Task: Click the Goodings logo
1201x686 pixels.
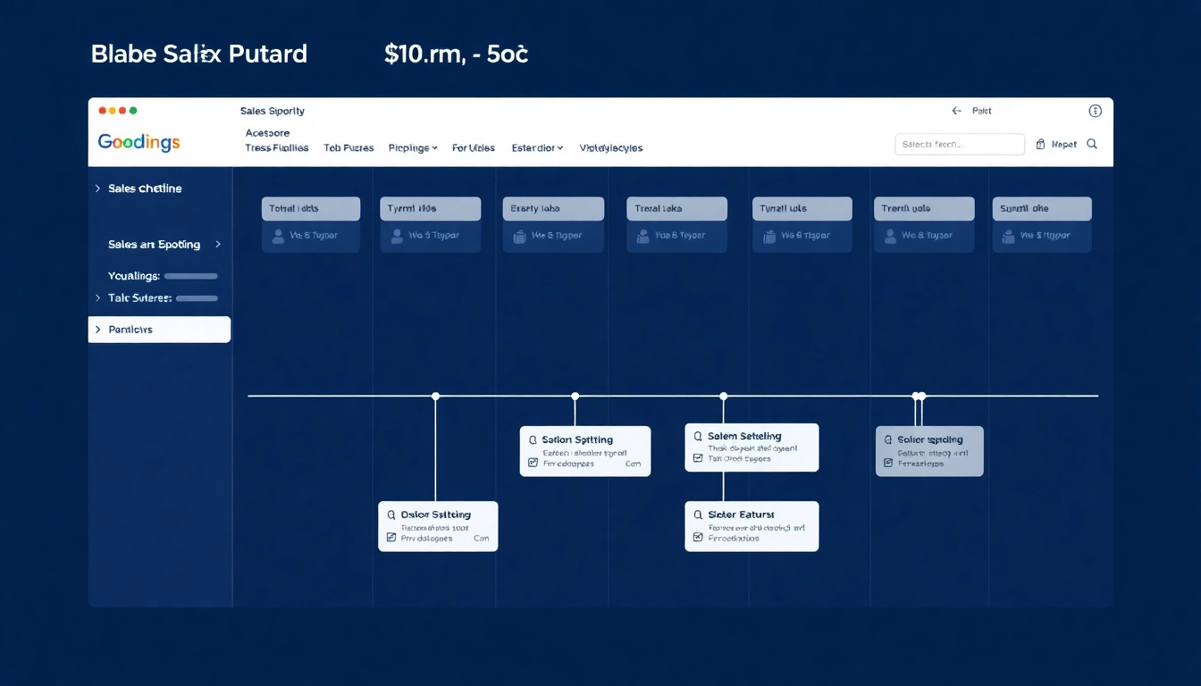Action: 139,142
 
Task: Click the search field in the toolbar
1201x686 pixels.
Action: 959,144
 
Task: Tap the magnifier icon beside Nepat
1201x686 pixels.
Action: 1092,144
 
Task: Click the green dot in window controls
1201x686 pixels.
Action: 133,111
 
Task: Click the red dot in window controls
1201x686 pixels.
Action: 102,111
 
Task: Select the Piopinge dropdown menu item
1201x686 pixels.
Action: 413,148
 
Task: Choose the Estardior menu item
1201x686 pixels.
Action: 537,148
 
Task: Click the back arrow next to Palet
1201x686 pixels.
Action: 956,112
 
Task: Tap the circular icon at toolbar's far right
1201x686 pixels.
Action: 1095,111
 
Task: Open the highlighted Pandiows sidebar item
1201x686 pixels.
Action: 159,330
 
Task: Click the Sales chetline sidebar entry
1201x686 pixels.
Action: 145,188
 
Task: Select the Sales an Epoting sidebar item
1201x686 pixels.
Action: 154,245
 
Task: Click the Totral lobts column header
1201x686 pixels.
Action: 310,209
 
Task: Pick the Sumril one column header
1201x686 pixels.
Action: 1041,209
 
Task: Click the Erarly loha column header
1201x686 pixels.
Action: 552,209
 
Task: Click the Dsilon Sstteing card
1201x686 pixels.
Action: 438,526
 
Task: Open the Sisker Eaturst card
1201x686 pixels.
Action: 751,526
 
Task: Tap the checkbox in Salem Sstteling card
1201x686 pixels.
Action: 698,458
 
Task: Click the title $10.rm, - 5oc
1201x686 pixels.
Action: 456,54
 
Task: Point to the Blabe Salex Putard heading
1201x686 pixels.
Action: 198,54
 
